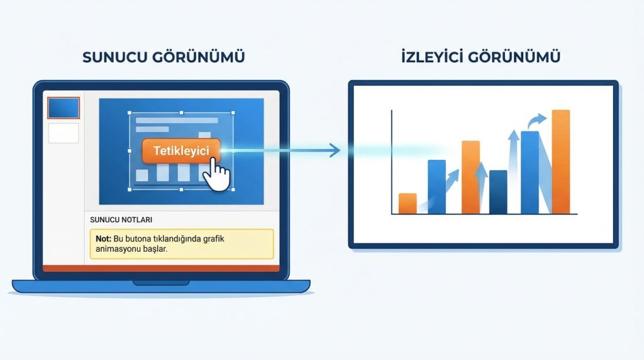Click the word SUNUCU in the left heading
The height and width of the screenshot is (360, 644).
tap(112, 57)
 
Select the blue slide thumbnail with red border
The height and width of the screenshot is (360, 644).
tap(64, 108)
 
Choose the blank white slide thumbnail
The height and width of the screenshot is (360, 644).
tap(64, 133)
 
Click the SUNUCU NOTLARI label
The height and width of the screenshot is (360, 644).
tap(121, 220)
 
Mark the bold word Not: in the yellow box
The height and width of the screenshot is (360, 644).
tap(103, 239)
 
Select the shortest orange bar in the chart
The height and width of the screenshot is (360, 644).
tap(408, 203)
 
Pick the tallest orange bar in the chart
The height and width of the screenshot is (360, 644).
tap(560, 162)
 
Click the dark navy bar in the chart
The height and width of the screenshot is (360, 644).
tap(497, 191)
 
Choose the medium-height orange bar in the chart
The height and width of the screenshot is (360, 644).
tap(470, 177)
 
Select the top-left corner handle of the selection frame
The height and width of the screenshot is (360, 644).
tap(130, 114)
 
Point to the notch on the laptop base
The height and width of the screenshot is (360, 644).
tap(161, 283)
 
